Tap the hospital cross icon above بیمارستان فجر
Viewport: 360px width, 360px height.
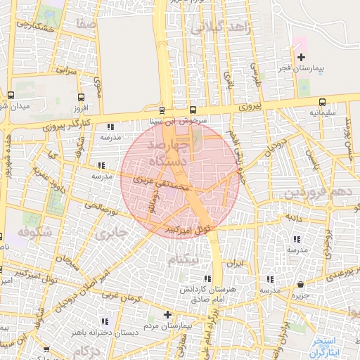302,57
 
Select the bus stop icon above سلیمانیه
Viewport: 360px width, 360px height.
322,101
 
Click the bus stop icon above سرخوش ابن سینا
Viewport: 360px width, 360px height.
162,110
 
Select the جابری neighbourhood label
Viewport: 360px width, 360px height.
112,232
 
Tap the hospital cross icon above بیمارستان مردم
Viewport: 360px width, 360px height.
167,314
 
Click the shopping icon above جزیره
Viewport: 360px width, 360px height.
301,284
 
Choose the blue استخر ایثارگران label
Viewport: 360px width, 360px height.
328,345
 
